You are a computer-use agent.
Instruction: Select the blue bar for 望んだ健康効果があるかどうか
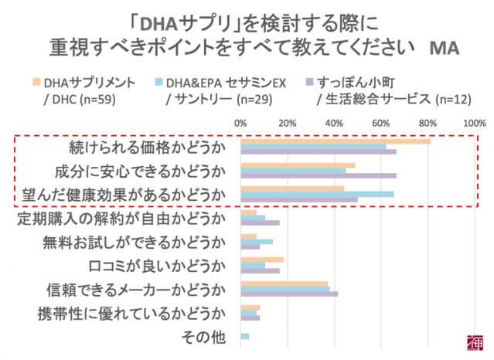pyautogui.click(x=317, y=194)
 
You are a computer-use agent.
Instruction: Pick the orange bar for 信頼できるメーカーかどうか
pyautogui.click(x=284, y=284)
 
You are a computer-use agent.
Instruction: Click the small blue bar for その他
pyautogui.click(x=244, y=337)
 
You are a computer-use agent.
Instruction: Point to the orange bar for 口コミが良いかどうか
pyautogui.click(x=262, y=260)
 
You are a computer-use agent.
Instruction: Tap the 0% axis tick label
pyautogui.click(x=240, y=121)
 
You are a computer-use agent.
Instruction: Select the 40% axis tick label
pyautogui.click(x=334, y=121)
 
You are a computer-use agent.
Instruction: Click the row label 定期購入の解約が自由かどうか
pyautogui.click(x=121, y=219)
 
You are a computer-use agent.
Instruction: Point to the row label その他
pyautogui.click(x=203, y=337)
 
